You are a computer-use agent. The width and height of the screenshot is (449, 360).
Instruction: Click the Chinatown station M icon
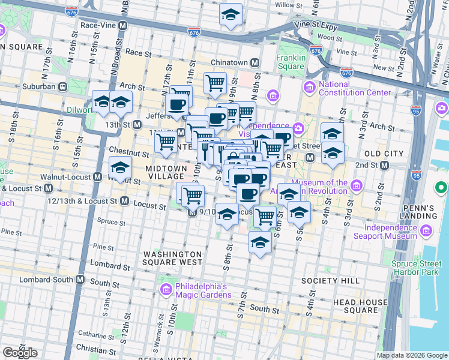pyautogui.click(x=255, y=62)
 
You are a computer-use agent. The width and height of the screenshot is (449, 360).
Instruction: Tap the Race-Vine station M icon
pyautogui.click(x=123, y=26)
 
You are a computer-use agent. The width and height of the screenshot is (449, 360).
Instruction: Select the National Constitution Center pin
pyautogui.click(x=310, y=88)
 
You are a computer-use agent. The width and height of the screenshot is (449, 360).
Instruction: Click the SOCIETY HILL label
pyautogui.click(x=330, y=281)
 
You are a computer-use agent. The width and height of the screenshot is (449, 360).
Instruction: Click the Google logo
pyautogui.click(x=20, y=353)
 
